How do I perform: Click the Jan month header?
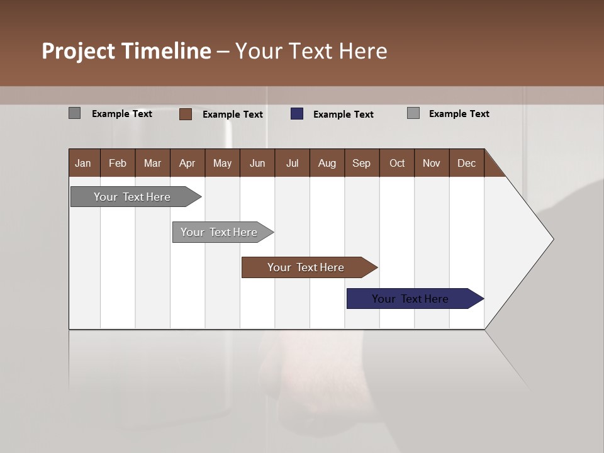84,163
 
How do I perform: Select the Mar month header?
152,163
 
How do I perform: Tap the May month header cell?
222,163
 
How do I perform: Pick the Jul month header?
292,163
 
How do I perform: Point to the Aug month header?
327,163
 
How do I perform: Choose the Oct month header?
396,163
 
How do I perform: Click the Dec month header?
466,163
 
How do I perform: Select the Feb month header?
118,163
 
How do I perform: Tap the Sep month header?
361,163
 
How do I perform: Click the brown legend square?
186,114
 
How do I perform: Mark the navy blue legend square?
297,114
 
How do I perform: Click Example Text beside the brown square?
232,115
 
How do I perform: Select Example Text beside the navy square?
343,115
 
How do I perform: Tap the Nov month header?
431,163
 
